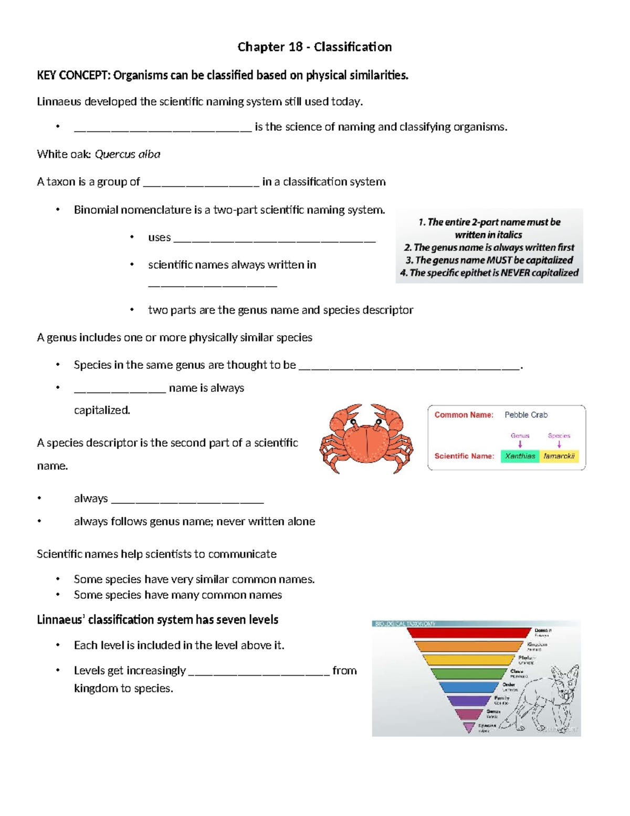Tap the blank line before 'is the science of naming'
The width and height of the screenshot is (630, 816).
tap(163, 128)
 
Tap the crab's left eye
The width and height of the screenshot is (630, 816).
tap(354, 422)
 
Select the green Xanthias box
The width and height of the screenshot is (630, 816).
tap(520, 456)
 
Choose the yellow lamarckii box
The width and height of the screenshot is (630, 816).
tap(559, 456)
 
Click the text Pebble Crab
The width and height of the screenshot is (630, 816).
tap(526, 415)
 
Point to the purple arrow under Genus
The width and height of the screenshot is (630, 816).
tap(520, 444)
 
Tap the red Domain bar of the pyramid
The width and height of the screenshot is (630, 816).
tap(469, 633)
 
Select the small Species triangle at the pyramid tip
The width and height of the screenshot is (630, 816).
tap(469, 727)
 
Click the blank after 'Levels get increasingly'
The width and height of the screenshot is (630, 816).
tap(259, 672)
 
